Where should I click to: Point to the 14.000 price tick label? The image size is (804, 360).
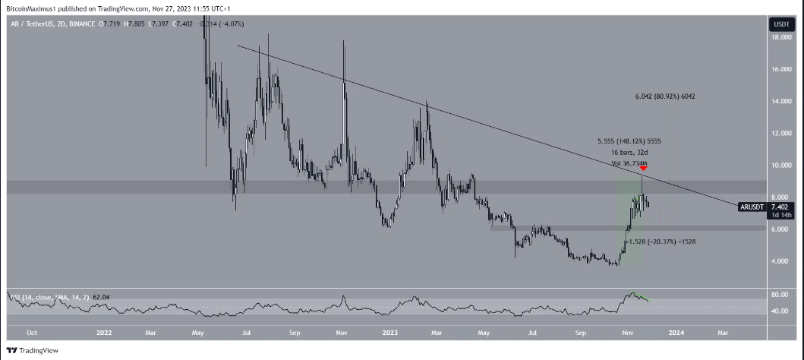tap(782, 101)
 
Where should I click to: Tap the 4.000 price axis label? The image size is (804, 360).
tap(781, 261)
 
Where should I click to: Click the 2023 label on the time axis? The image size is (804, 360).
tap(389, 332)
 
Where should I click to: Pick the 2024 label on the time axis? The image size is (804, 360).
tap(676, 332)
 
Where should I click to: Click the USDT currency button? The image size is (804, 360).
tap(781, 24)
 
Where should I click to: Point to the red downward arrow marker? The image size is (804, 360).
tap(643, 169)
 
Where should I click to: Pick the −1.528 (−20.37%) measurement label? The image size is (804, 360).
tap(660, 241)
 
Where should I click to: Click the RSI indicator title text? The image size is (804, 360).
tap(34, 295)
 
